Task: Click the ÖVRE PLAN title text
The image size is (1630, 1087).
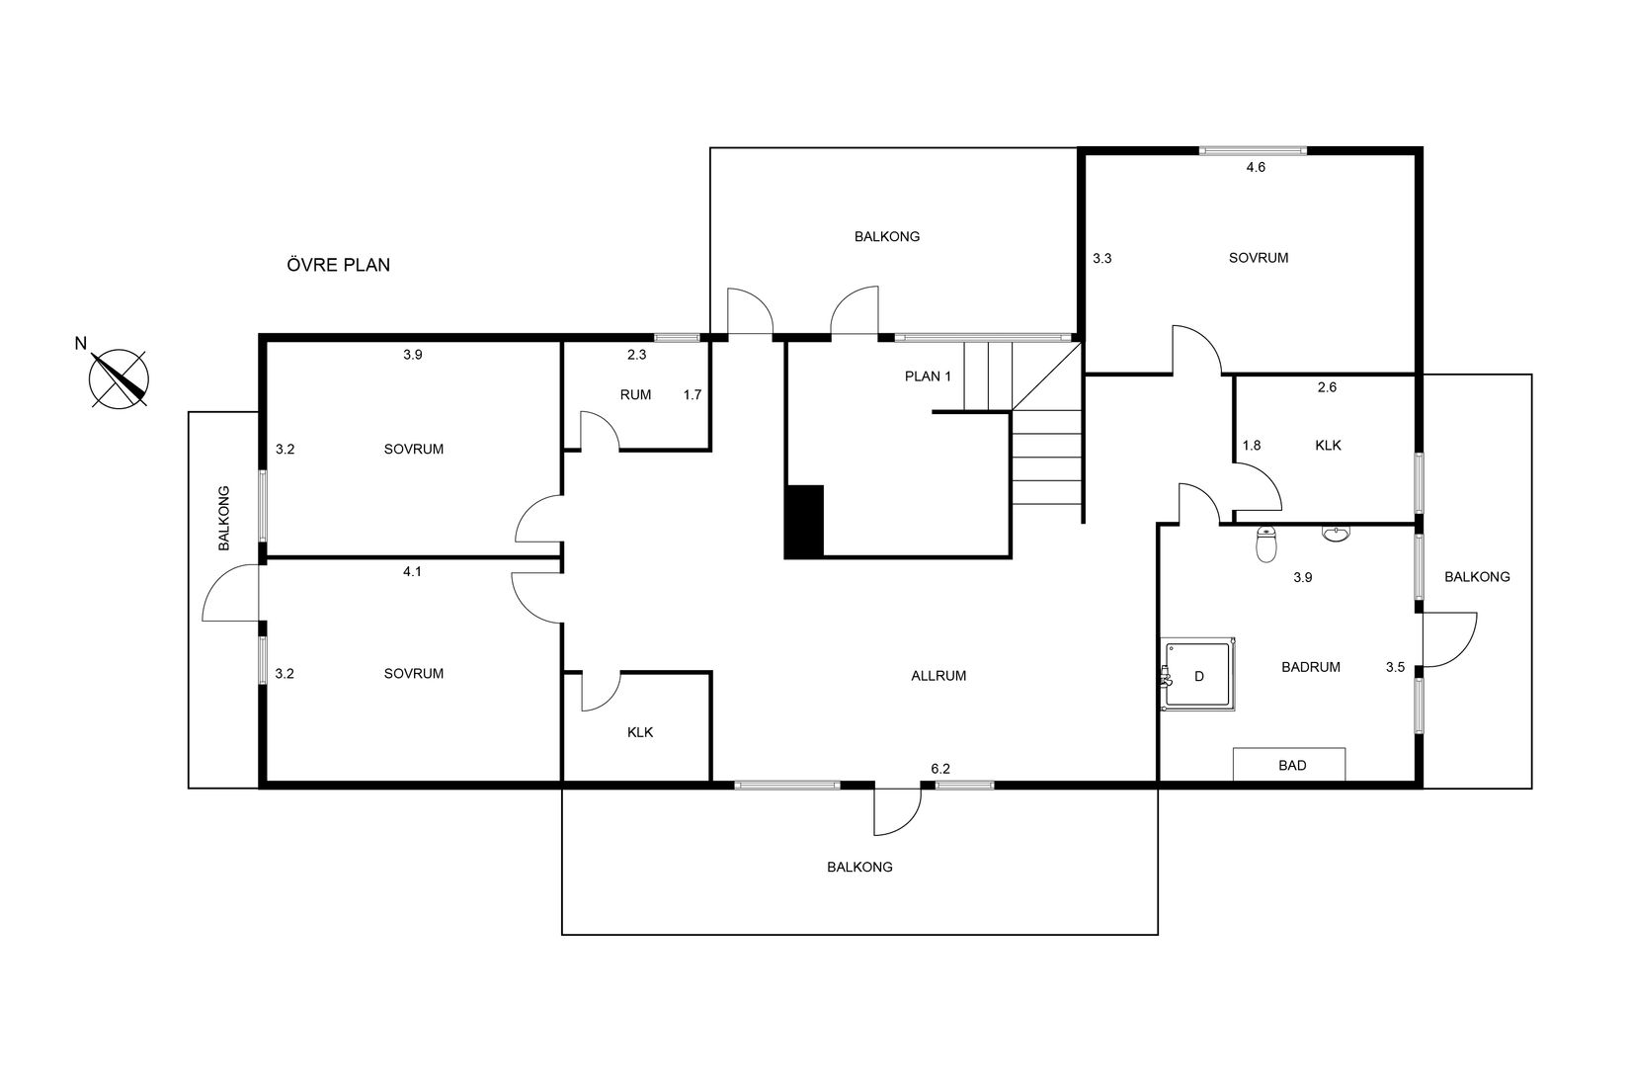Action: point(339,264)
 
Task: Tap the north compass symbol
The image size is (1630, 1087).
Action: point(119,378)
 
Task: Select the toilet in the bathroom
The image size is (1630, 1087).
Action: point(1266,543)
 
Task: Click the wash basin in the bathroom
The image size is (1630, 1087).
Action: point(1336,535)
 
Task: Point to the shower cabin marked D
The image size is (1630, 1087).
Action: point(1197,674)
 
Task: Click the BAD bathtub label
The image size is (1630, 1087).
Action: point(1291,765)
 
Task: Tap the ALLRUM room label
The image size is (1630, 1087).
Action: point(938,676)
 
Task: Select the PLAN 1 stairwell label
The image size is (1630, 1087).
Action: point(928,376)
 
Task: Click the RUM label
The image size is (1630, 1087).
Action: point(635,394)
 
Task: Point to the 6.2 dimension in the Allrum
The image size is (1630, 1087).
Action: point(940,768)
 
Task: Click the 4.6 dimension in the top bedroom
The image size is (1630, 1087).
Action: point(1256,167)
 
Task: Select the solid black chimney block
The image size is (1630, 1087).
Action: point(804,522)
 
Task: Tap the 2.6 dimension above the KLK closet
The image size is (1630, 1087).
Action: point(1327,387)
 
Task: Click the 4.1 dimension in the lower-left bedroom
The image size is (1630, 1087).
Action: point(412,571)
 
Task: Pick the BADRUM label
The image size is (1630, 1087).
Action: point(1311,667)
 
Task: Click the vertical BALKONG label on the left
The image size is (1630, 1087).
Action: point(224,518)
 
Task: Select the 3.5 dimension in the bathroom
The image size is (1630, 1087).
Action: point(1395,667)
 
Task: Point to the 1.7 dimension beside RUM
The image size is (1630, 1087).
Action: point(693,394)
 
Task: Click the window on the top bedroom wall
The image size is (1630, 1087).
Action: point(1253,151)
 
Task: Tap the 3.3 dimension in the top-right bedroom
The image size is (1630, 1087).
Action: point(1101,258)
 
